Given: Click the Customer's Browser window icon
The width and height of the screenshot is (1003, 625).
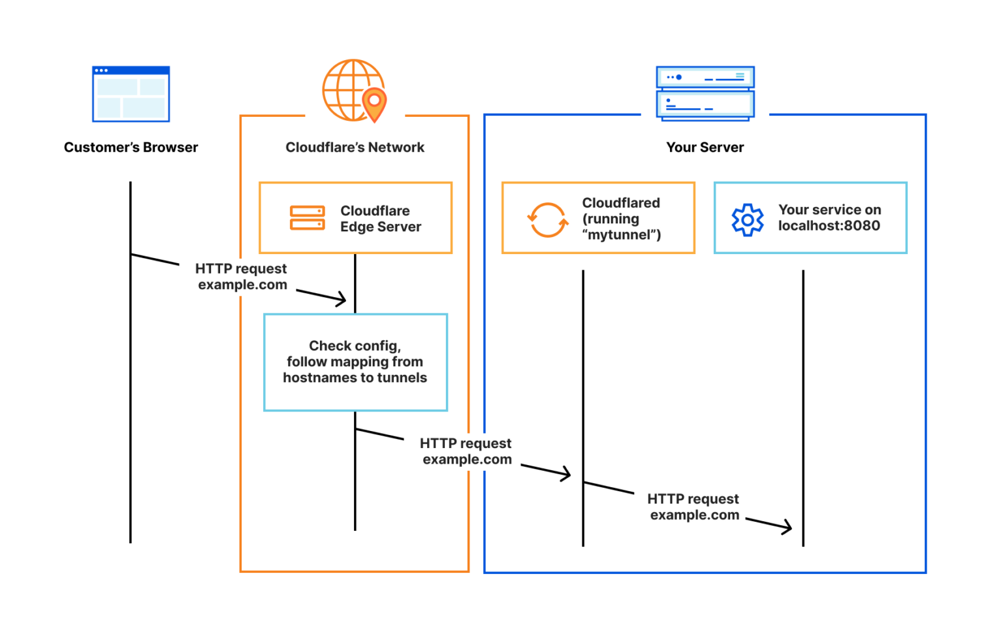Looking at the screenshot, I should click(131, 94).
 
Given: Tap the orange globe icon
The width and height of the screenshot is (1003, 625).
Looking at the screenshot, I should click(349, 89).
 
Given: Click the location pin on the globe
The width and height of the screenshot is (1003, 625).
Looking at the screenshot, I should click(374, 103).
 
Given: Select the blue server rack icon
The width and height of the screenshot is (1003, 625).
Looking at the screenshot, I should click(705, 93).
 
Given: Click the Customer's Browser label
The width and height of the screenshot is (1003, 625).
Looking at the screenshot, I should click(131, 148).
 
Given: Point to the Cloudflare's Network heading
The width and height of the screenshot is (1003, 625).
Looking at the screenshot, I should click(355, 148).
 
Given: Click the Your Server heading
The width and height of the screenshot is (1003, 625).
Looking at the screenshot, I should click(705, 148).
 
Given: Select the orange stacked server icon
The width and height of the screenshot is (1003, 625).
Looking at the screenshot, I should click(307, 218).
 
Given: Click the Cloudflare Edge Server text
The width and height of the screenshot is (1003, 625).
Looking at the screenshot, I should click(380, 219).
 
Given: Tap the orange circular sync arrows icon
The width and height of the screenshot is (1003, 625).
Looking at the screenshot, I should click(547, 219).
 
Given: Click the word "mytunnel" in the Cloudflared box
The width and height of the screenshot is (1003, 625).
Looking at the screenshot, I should click(620, 235).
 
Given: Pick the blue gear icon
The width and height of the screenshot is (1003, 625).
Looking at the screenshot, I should click(747, 220).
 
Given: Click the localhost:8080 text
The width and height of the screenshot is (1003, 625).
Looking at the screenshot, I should click(829, 226).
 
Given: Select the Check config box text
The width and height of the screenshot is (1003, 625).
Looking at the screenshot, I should click(355, 362).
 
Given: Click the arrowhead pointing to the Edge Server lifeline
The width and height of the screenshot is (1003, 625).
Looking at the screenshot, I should click(342, 300).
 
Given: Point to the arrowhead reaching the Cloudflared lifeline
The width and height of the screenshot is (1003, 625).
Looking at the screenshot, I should click(565, 474).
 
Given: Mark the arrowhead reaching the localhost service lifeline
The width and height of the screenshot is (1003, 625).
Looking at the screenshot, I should click(787, 526).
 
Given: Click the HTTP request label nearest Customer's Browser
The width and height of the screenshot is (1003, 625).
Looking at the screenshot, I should click(242, 277).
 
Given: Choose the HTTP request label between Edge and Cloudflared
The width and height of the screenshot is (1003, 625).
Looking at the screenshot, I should click(466, 451).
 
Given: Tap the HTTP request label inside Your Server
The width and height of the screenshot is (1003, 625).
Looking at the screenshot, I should click(693, 507).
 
